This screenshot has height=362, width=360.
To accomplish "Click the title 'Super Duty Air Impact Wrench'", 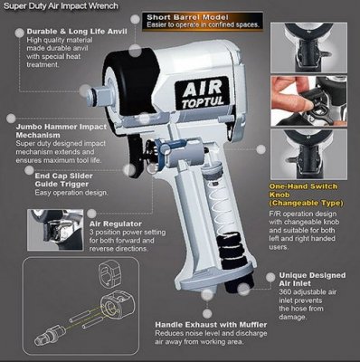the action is (61, 6).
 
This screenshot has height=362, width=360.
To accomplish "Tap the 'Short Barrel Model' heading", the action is (187, 17).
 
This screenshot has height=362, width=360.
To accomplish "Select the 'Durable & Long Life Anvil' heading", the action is (77, 32).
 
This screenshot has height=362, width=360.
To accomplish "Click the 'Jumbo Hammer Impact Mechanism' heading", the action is (62, 130).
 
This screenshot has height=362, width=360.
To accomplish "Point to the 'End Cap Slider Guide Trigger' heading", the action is (63, 180).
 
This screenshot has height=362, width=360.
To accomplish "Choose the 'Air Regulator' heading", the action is (116, 224).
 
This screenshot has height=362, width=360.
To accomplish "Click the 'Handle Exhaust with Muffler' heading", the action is (211, 325).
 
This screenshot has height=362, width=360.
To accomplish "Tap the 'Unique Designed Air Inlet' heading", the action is (312, 280).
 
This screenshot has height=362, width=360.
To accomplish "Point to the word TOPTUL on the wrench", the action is (203, 102).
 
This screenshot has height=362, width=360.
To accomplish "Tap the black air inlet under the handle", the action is (241, 286).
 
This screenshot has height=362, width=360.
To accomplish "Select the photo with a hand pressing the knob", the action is (308, 101).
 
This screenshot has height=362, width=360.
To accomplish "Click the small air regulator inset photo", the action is (55, 230).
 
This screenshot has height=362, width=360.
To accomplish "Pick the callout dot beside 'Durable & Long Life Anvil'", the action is (19, 33).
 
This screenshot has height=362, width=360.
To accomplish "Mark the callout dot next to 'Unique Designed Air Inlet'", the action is (270, 277).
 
